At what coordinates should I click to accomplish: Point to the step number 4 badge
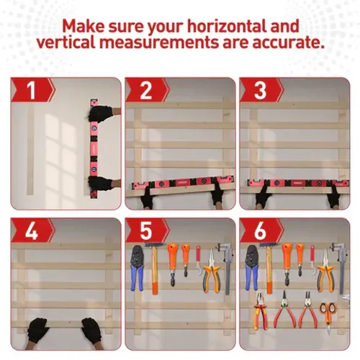tap(30, 232)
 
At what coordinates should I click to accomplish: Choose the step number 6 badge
tap(258, 232)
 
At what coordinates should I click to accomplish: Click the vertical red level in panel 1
tap(93, 148)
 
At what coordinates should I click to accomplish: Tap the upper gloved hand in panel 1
tap(103, 114)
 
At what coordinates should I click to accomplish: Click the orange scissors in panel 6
tap(327, 312)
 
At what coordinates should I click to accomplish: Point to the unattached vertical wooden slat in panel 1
tap(30, 151)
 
